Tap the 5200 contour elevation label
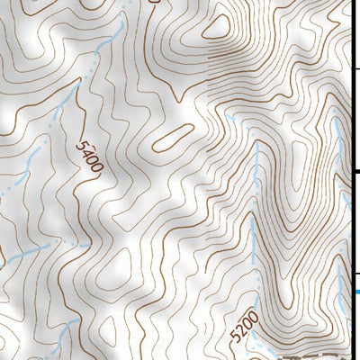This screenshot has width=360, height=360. point(244,327)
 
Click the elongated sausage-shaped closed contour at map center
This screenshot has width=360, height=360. point(171,137)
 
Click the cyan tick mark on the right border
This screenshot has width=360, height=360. point(356,291)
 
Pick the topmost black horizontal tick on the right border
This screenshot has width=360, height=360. point(356,68)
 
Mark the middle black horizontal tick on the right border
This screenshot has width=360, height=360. point(356,172)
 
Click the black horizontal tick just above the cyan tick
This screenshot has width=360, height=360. point(356,273)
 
